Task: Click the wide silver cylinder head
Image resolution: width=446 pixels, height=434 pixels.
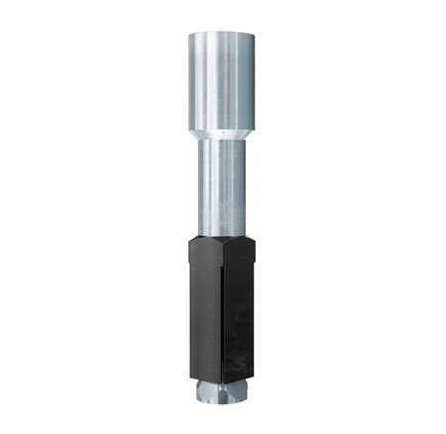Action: coord(222,74)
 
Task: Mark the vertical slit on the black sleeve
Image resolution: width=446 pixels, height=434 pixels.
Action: coord(222,317)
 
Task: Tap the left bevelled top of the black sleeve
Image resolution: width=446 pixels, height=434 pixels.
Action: coord(202,239)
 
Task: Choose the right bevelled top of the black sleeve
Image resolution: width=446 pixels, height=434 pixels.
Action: coord(242,239)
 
